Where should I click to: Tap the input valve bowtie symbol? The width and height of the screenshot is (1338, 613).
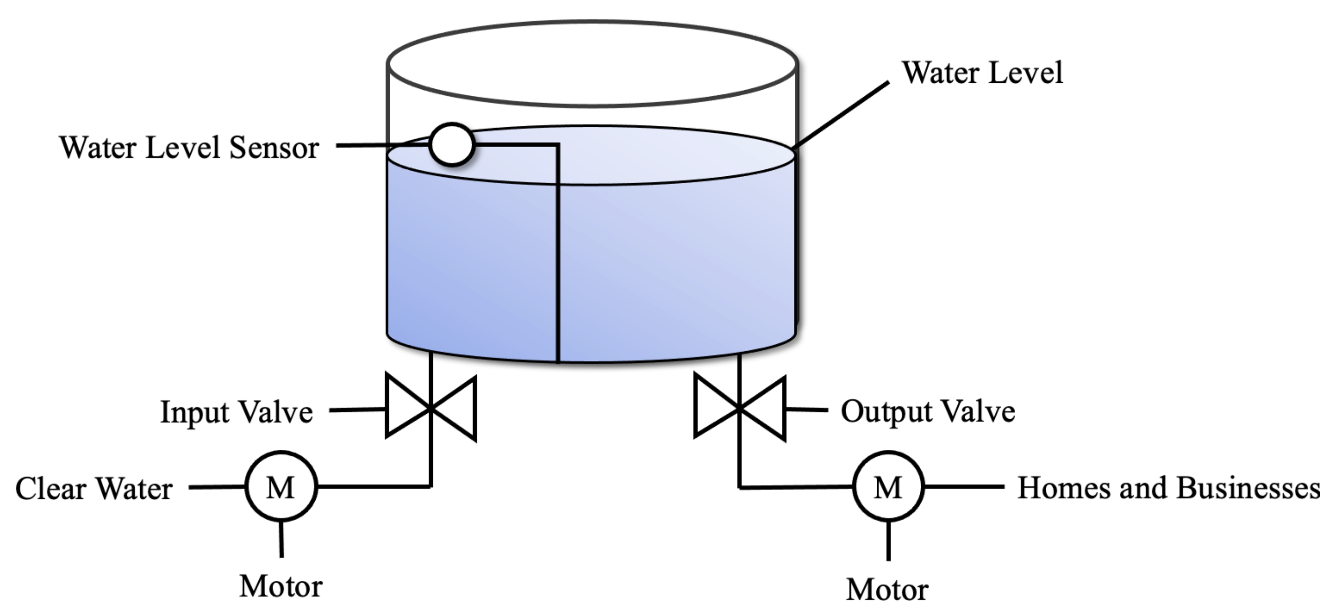coord(431,408)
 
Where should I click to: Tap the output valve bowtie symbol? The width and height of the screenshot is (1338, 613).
coord(740,408)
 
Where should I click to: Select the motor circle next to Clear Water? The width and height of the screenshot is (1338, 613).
coord(281,487)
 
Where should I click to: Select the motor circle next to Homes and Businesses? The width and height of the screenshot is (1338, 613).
coord(888,487)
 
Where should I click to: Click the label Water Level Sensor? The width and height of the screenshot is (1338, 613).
coord(189,148)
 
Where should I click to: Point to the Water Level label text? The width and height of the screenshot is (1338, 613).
coord(982,73)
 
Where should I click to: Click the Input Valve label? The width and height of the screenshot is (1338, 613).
coord(237,413)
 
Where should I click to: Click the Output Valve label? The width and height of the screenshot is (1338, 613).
coord(928,412)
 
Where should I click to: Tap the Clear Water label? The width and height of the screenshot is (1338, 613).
coord(94,489)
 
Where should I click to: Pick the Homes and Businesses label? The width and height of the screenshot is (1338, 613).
coord(1168,488)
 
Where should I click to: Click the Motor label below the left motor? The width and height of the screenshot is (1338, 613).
coord(281,587)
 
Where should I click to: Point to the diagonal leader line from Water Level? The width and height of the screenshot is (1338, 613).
coord(841,115)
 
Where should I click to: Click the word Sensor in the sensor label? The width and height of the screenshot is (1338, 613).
coord(274,148)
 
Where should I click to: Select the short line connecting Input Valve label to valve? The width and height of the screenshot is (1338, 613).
coord(357,410)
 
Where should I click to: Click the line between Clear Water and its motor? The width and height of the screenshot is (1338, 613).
coord(217,487)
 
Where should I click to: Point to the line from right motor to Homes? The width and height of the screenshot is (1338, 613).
coord(964,487)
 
